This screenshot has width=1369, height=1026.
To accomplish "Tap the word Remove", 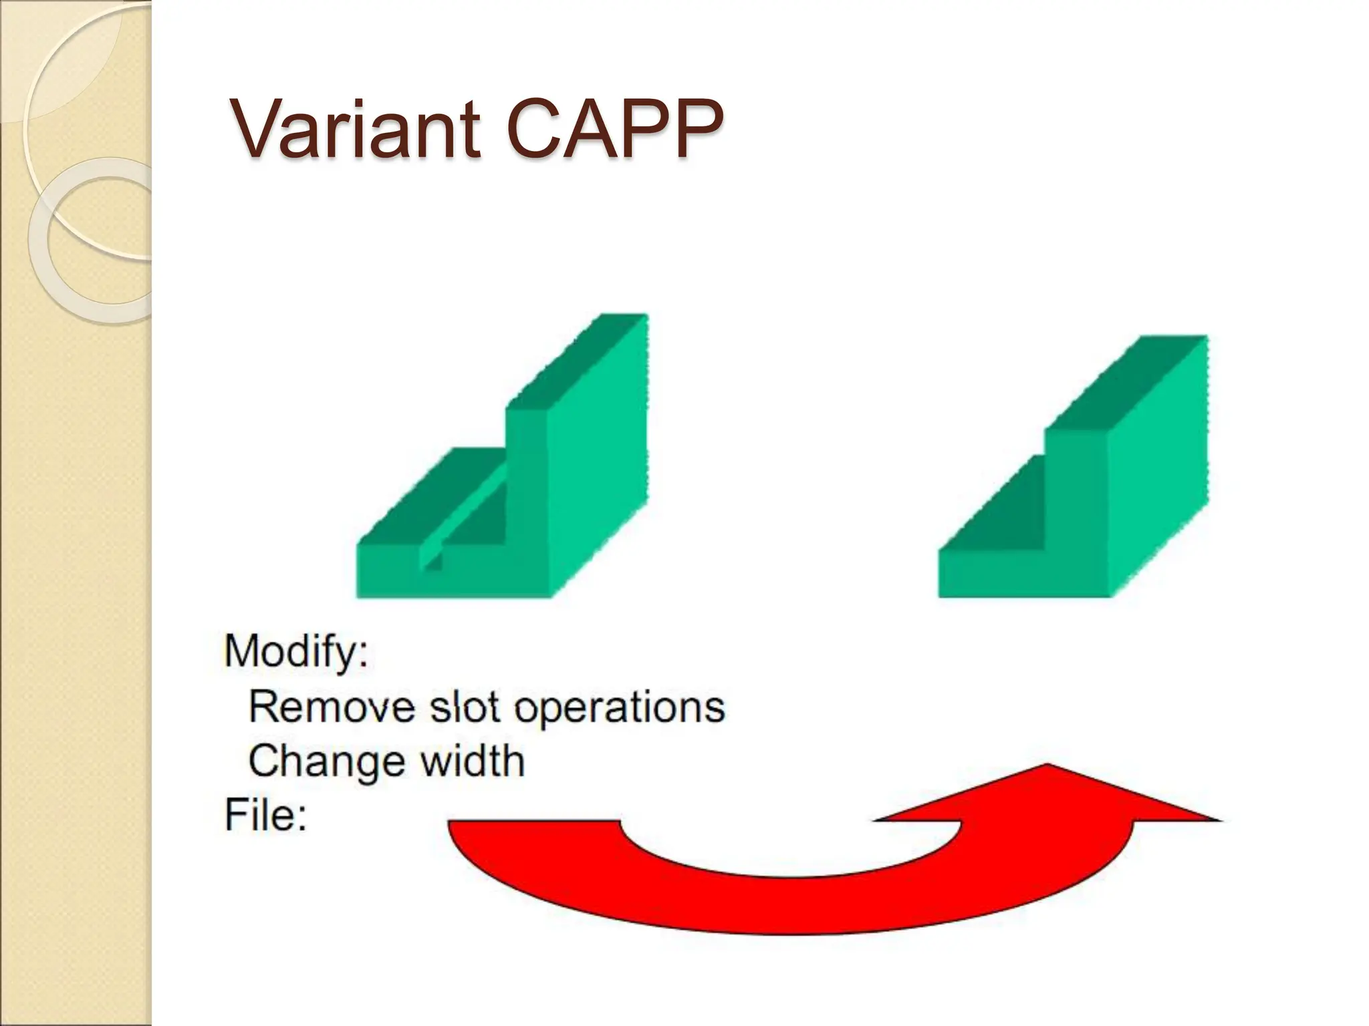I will click(331, 707).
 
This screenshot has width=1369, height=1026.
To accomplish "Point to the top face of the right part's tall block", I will click(1130, 381).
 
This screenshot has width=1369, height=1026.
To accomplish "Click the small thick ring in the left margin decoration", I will click(90, 240).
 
